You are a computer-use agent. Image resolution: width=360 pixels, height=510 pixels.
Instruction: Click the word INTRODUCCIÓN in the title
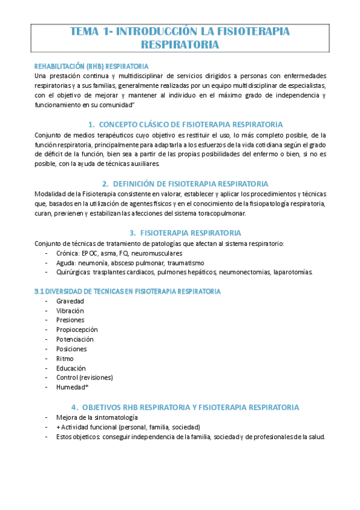(x=157, y=31)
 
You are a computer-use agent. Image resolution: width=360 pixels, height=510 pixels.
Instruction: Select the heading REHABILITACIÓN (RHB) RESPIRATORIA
(x=92, y=66)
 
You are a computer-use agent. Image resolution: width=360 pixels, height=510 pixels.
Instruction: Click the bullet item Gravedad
(x=70, y=301)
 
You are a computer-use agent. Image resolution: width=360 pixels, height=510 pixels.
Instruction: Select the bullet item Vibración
(x=70, y=310)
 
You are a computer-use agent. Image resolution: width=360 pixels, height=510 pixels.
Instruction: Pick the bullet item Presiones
(x=71, y=320)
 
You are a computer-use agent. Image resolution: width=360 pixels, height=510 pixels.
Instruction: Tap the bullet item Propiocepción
(x=77, y=330)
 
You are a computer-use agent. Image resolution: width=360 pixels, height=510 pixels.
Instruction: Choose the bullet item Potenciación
(x=75, y=339)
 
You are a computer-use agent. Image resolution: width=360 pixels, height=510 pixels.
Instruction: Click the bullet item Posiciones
(x=72, y=349)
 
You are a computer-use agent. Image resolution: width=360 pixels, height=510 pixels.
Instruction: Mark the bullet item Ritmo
(x=65, y=358)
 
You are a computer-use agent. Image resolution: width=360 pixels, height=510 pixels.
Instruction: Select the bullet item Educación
(x=71, y=368)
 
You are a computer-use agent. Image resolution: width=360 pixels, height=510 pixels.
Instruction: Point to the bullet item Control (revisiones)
(x=84, y=378)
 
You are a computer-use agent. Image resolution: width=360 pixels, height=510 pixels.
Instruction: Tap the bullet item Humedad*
(x=72, y=387)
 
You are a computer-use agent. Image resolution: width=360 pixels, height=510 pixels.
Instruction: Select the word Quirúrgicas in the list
(x=73, y=272)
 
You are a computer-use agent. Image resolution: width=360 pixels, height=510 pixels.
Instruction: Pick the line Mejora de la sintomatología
(x=97, y=417)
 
